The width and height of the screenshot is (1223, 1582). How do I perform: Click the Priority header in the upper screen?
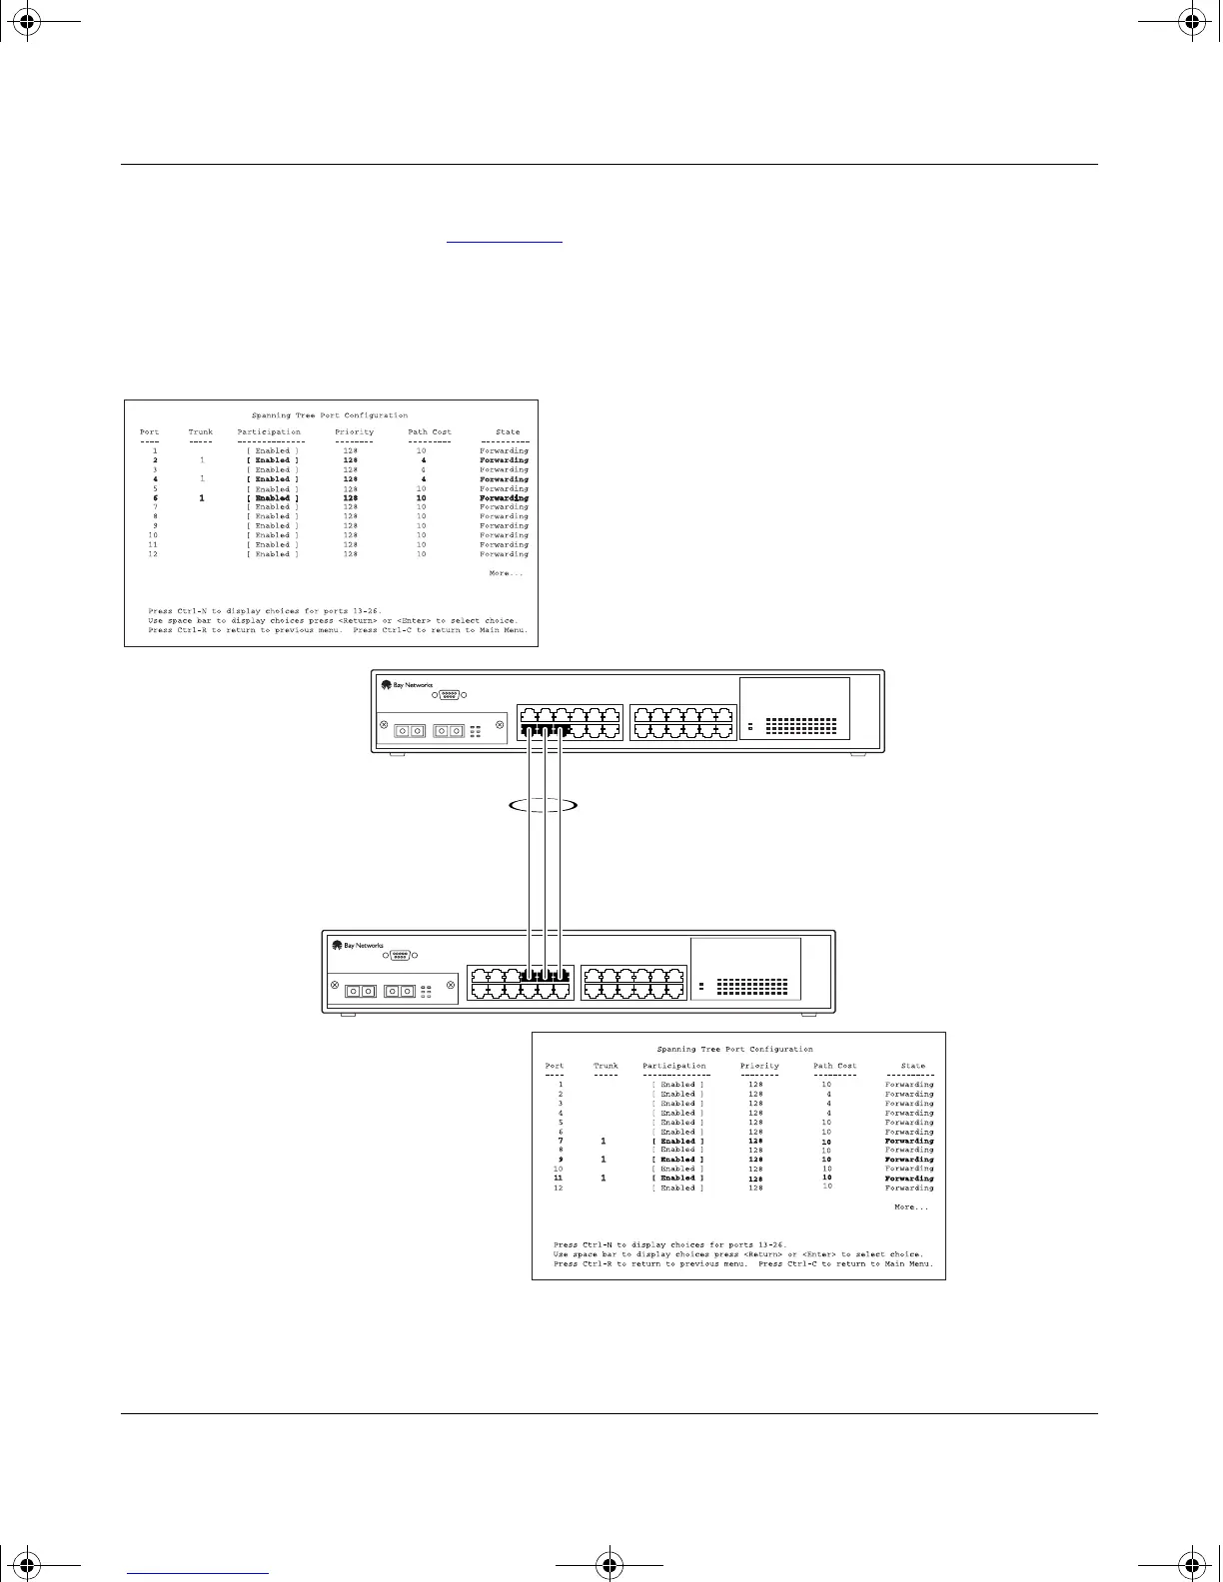coord(354,432)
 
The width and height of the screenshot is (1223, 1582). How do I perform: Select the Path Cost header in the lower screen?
coord(834,1066)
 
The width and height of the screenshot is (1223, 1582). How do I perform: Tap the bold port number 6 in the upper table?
coord(155,497)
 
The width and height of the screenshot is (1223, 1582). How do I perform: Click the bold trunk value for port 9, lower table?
coord(604,1160)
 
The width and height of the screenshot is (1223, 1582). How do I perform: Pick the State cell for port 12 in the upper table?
coord(504,554)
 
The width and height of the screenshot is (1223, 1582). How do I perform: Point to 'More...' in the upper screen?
coord(506,573)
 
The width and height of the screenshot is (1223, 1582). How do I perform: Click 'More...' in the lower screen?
coord(910,1207)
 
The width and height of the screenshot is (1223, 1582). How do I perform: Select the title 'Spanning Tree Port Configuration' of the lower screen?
coord(734,1050)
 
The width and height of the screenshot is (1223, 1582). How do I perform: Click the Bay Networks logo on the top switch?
coord(407,685)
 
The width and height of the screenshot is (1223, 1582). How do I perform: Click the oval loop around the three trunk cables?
coord(543,805)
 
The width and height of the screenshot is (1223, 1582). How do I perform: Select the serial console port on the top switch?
coord(449,695)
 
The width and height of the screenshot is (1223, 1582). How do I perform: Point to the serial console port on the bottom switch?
coord(400,955)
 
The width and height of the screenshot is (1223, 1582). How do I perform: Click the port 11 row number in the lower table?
coord(559,1179)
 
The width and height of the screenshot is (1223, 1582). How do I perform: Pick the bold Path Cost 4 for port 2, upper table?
coord(423,460)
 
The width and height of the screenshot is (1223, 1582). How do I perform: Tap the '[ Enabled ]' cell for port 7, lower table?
coord(677,1141)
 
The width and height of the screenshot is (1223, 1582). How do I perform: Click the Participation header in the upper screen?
coord(269,432)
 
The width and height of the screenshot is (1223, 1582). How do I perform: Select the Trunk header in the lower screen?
coord(606,1066)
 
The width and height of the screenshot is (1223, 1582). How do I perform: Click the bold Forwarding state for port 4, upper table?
coord(504,479)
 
